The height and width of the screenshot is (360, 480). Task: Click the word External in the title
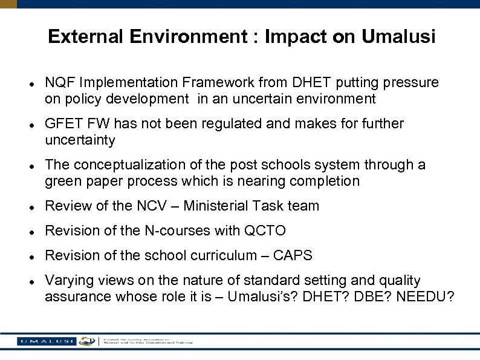(x=83, y=37)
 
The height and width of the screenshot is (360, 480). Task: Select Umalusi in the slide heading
(x=398, y=37)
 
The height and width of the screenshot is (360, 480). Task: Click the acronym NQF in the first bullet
(x=59, y=82)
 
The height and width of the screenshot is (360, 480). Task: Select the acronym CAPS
(x=293, y=255)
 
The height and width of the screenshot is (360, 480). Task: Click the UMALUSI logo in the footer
(x=46, y=341)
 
